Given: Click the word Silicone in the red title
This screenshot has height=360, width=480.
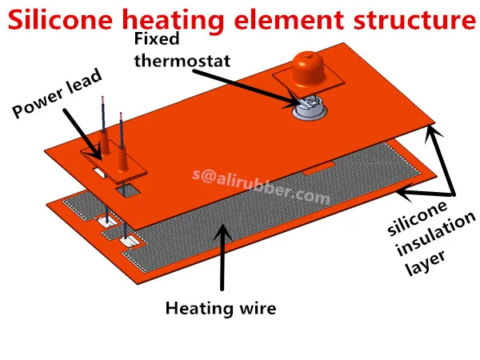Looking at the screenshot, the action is (x=60, y=19).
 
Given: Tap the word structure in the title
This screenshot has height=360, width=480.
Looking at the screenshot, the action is (x=414, y=19).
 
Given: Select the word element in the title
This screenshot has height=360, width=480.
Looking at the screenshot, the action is (x=289, y=19).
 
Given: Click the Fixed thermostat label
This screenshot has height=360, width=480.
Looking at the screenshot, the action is (x=182, y=50).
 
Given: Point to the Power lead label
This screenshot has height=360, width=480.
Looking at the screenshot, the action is (x=57, y=93).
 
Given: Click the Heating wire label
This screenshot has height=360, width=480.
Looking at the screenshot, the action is (x=221, y=308).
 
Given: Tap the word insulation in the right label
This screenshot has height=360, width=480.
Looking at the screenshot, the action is (x=436, y=234).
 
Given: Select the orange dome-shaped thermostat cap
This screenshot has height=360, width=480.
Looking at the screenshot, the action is (x=309, y=69).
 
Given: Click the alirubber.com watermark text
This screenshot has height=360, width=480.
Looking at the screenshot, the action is (x=262, y=186).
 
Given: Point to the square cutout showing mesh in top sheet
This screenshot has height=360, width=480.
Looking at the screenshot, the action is (x=128, y=190).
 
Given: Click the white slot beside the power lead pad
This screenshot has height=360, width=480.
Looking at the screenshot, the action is (x=99, y=172).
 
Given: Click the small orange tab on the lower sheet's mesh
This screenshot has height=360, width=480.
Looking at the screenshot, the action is (x=319, y=169).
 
